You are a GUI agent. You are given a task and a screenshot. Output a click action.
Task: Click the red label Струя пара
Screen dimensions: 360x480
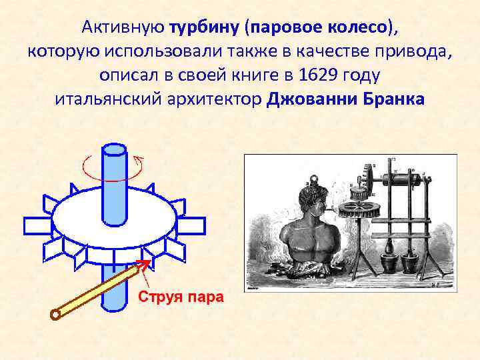(181, 296)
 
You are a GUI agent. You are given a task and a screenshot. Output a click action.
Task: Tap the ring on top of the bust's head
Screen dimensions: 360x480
(312, 179)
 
